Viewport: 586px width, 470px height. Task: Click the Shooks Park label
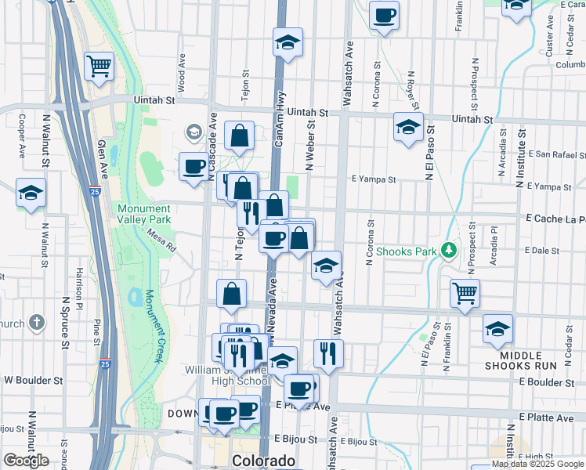click(x=407, y=251)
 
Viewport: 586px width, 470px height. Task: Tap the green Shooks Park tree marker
click(x=448, y=251)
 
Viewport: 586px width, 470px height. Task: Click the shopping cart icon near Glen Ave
click(x=99, y=67)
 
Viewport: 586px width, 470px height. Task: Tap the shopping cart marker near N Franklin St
click(x=465, y=294)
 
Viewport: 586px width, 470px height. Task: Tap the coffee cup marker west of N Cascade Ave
click(x=194, y=166)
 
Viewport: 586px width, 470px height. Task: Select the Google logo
click(x=26, y=461)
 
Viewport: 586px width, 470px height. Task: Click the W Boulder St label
click(x=33, y=380)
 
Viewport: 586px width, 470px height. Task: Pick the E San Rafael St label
click(x=557, y=154)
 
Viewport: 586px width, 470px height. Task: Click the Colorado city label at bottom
click(x=264, y=461)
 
